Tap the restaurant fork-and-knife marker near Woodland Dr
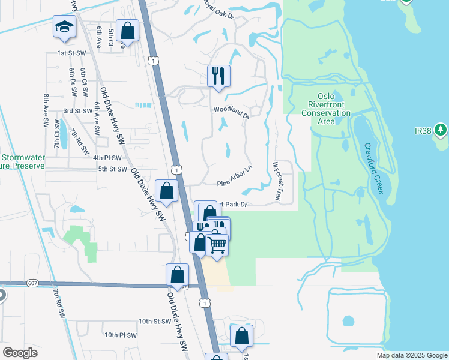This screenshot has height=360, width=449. click(218, 76)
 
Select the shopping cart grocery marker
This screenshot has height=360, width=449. click(217, 244)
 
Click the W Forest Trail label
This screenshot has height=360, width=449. click(277, 180)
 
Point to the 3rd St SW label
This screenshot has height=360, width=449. click(77, 111)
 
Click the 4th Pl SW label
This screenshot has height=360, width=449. click(107, 158)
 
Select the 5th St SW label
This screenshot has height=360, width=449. click(113, 169)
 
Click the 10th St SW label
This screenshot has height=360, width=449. click(155, 322)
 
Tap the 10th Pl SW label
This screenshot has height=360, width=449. click(121, 335)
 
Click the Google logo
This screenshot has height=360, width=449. click(20, 353)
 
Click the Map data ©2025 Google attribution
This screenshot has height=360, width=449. click(411, 355)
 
